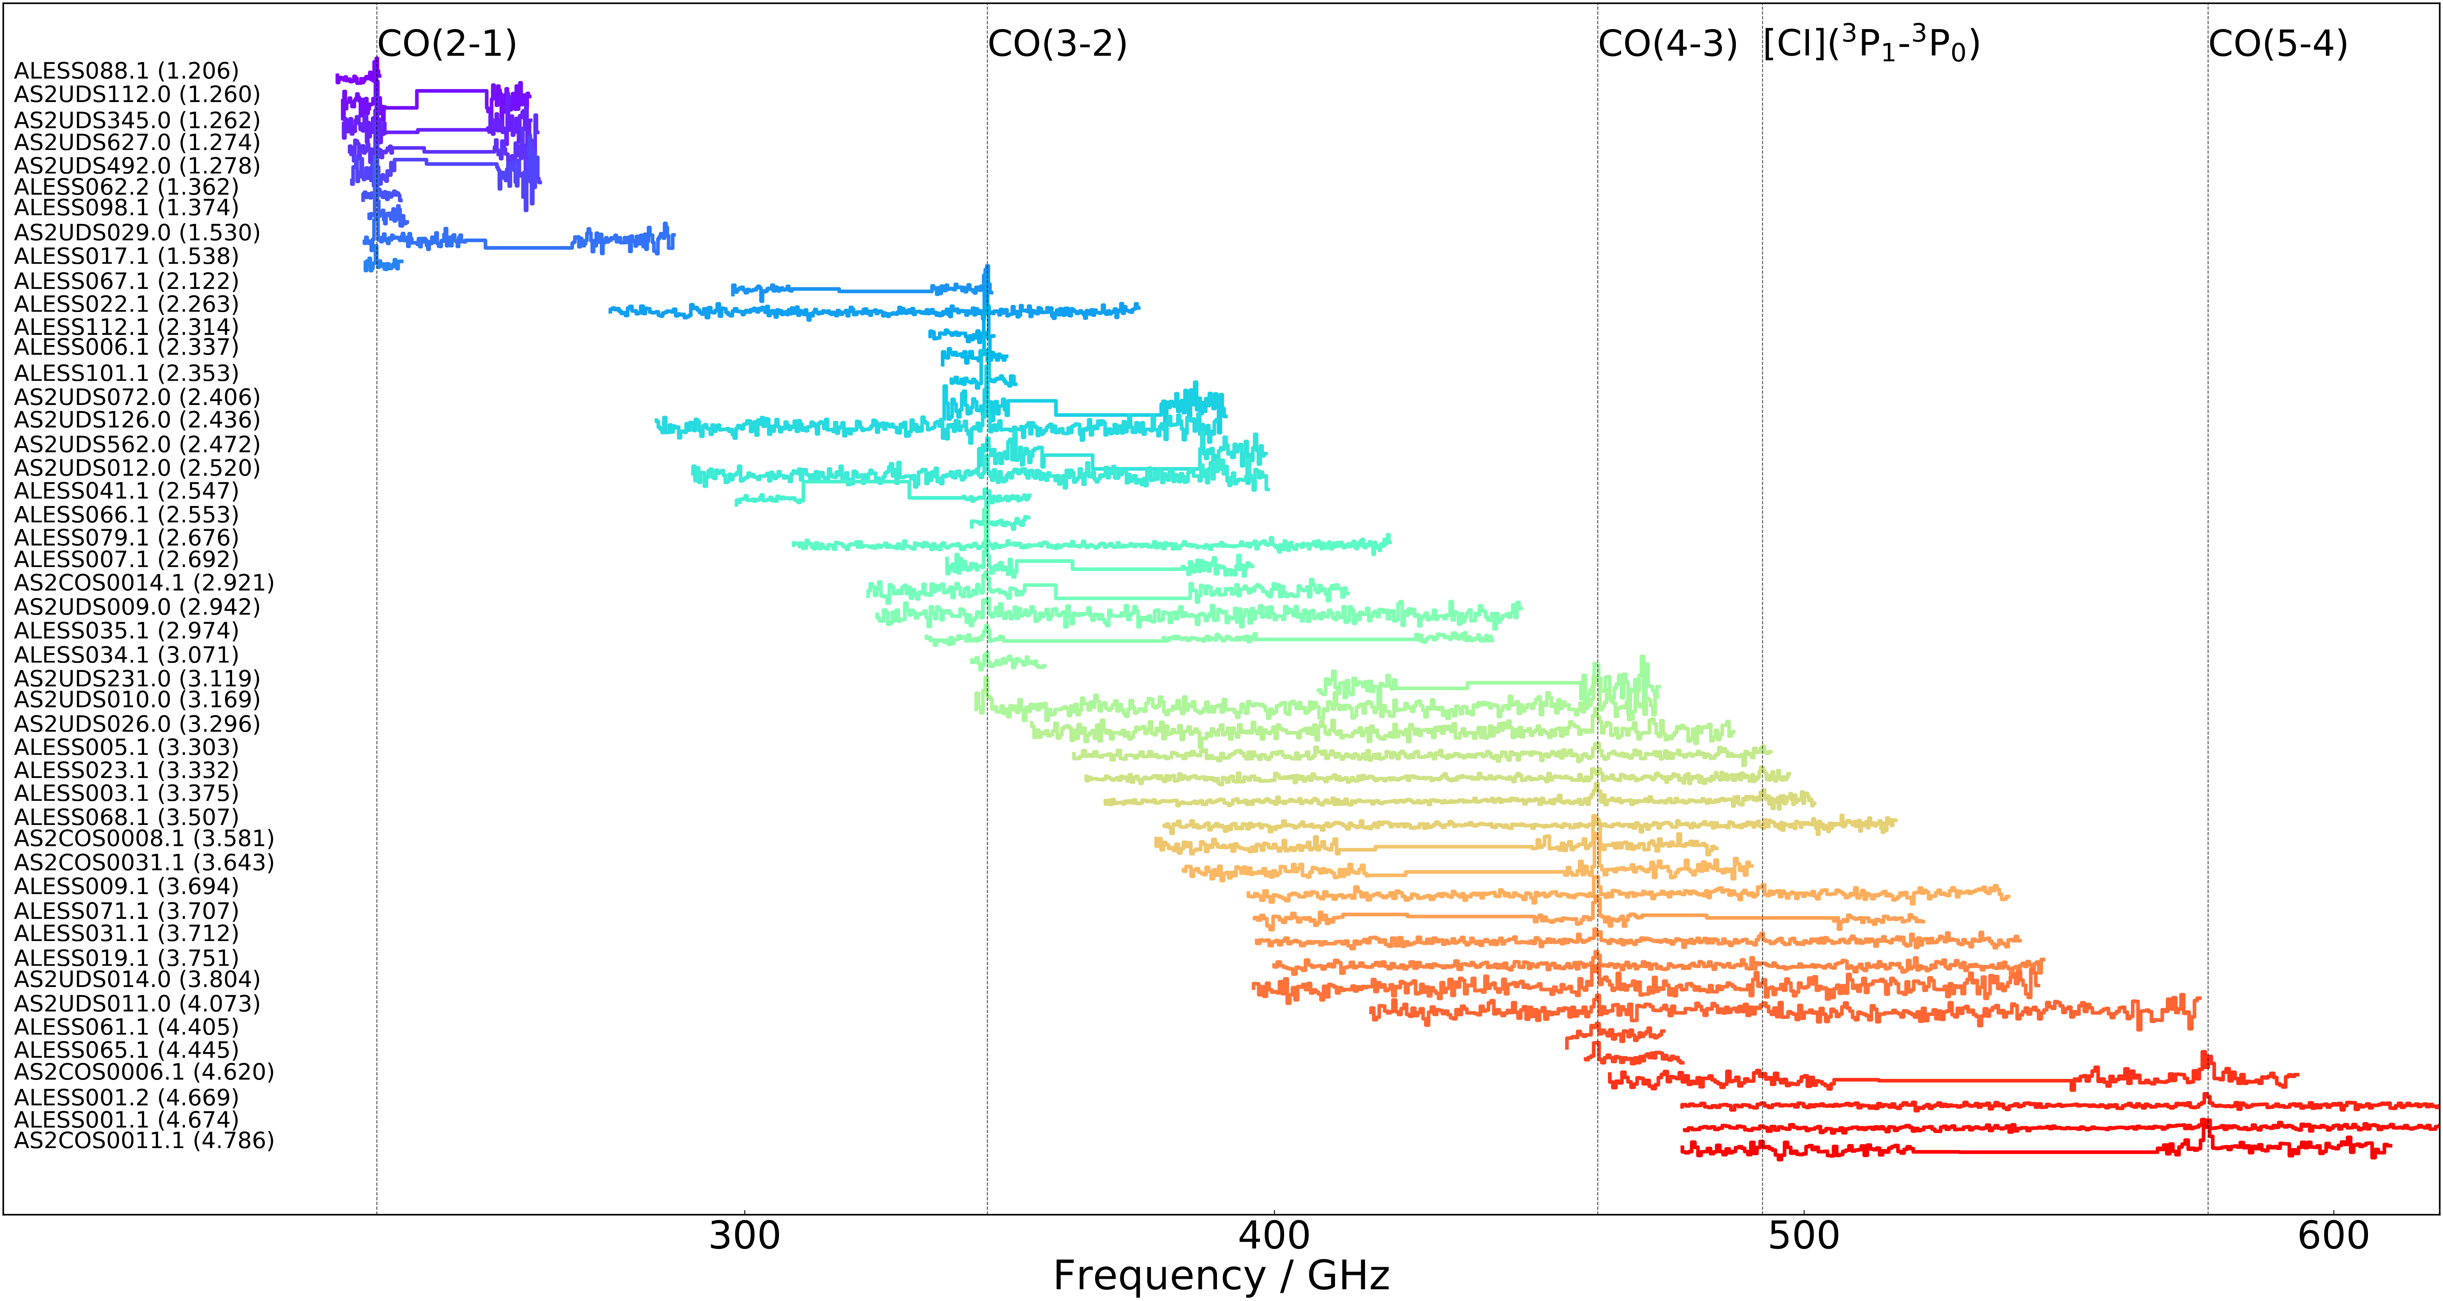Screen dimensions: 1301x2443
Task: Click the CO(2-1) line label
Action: click(447, 44)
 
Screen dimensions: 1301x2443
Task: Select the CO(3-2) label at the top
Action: click(1057, 44)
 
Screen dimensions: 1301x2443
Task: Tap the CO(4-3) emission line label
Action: click(1667, 44)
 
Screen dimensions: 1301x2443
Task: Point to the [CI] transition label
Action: click(1871, 44)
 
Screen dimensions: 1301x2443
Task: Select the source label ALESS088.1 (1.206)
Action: click(126, 71)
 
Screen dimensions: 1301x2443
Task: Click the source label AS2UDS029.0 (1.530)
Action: click(137, 232)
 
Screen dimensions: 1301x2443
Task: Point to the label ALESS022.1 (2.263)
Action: click(126, 305)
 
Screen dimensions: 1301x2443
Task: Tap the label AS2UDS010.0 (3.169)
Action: click(137, 700)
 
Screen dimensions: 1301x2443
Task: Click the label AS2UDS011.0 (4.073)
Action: click(137, 1003)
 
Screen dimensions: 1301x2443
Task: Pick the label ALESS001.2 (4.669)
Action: click(126, 1097)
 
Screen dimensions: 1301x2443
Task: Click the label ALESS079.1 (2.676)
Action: click(126, 538)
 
